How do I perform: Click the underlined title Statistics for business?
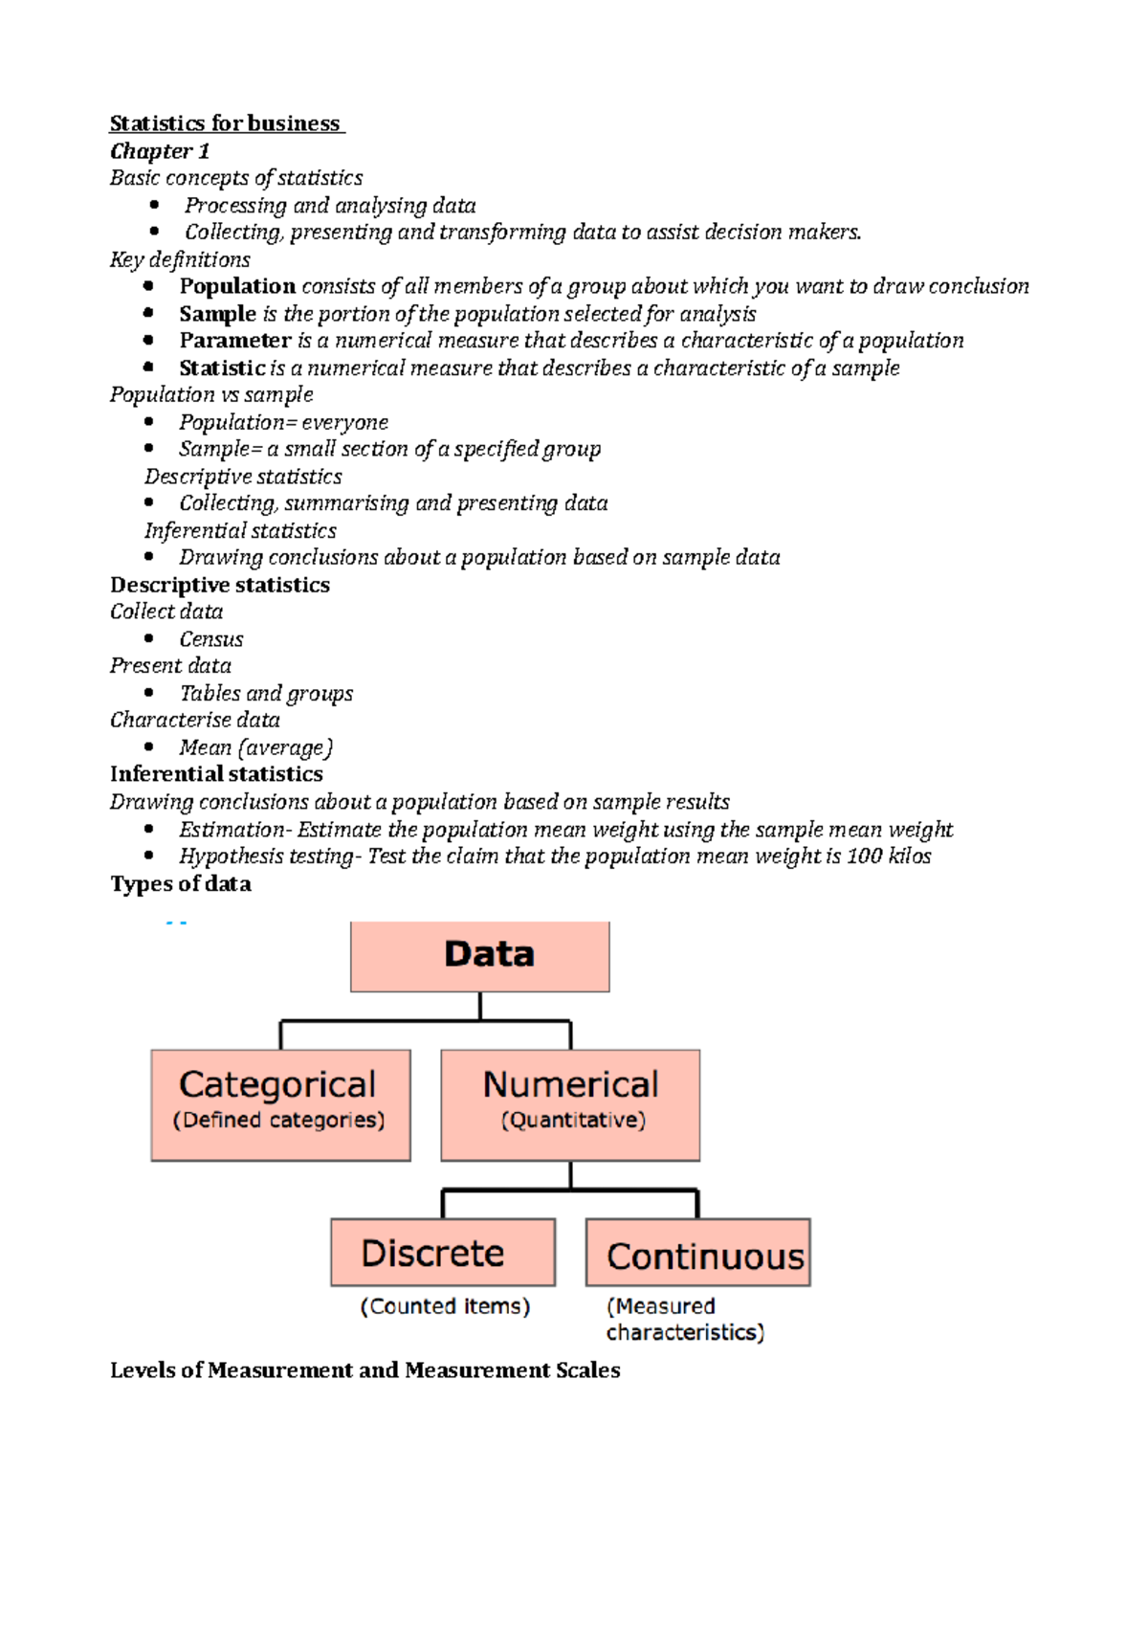pos(226,123)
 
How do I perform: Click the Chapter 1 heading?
pos(160,151)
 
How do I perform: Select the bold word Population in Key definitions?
pos(237,286)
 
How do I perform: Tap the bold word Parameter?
pos(235,341)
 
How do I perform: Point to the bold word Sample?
pos(217,314)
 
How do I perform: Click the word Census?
pos(211,639)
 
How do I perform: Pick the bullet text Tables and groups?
pos(266,694)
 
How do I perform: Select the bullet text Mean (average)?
pos(255,747)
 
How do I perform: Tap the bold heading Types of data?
pos(181,884)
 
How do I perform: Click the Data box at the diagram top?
pos(479,956)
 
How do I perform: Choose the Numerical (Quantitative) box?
pos(570,1104)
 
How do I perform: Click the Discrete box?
pos(443,1252)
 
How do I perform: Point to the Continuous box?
pos(698,1253)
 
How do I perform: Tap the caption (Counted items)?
pos(445,1306)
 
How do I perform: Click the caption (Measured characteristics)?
pos(683,1320)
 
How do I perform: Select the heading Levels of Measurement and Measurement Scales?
pos(364,1370)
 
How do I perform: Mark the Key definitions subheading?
pos(180,259)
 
